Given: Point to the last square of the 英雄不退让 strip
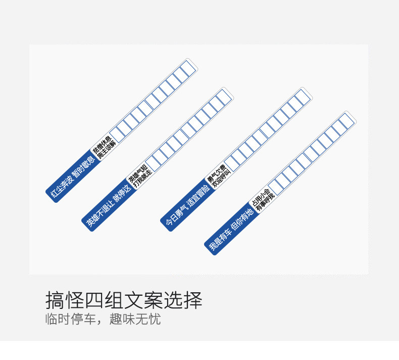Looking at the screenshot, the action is (x=223, y=96).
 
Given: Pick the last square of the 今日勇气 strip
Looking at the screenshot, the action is (x=303, y=96).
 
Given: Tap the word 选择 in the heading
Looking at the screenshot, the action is (x=186, y=300).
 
